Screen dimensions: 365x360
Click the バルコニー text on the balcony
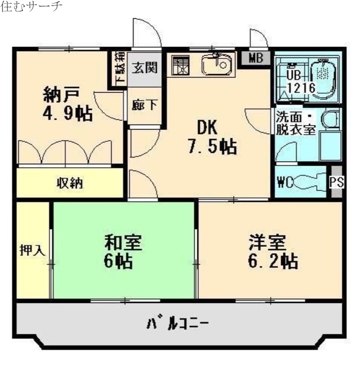178,324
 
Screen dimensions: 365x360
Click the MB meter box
256,58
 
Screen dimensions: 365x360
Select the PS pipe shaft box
337,182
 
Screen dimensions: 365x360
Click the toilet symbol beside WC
308,182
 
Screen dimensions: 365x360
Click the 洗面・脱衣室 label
296,122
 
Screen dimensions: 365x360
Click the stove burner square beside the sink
182,66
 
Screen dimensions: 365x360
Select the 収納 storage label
69,183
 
